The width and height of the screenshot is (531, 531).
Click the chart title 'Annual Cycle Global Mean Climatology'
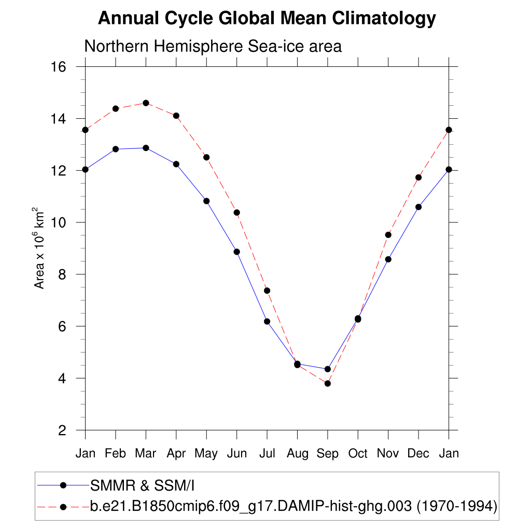pos(267,19)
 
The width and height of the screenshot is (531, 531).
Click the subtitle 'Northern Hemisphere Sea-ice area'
pos(213,46)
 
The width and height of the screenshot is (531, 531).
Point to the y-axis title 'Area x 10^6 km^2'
pos(39,248)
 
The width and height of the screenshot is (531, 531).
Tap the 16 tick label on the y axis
pos(59,67)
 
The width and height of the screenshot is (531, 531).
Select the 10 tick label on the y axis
pos(59,222)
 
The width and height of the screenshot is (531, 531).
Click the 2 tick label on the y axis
pos(62,430)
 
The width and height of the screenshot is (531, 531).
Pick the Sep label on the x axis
pos(328,454)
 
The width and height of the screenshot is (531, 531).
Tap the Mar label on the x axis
pos(146,454)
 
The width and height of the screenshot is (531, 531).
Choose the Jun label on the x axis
pos(236,454)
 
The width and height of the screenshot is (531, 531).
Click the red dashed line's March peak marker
pos(146,103)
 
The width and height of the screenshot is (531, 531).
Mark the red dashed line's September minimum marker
pos(328,383)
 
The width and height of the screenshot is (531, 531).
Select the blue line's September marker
pos(328,369)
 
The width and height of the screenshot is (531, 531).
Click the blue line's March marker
pos(146,148)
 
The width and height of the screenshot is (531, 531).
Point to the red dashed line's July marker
pos(267,290)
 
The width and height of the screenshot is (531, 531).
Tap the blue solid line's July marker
pos(267,322)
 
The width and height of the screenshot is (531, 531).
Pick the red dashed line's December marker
pos(418,177)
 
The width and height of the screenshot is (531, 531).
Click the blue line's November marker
pos(388,259)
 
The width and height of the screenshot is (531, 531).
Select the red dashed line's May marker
pos(206,157)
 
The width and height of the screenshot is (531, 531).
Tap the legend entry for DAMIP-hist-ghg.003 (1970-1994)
pos(294,506)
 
